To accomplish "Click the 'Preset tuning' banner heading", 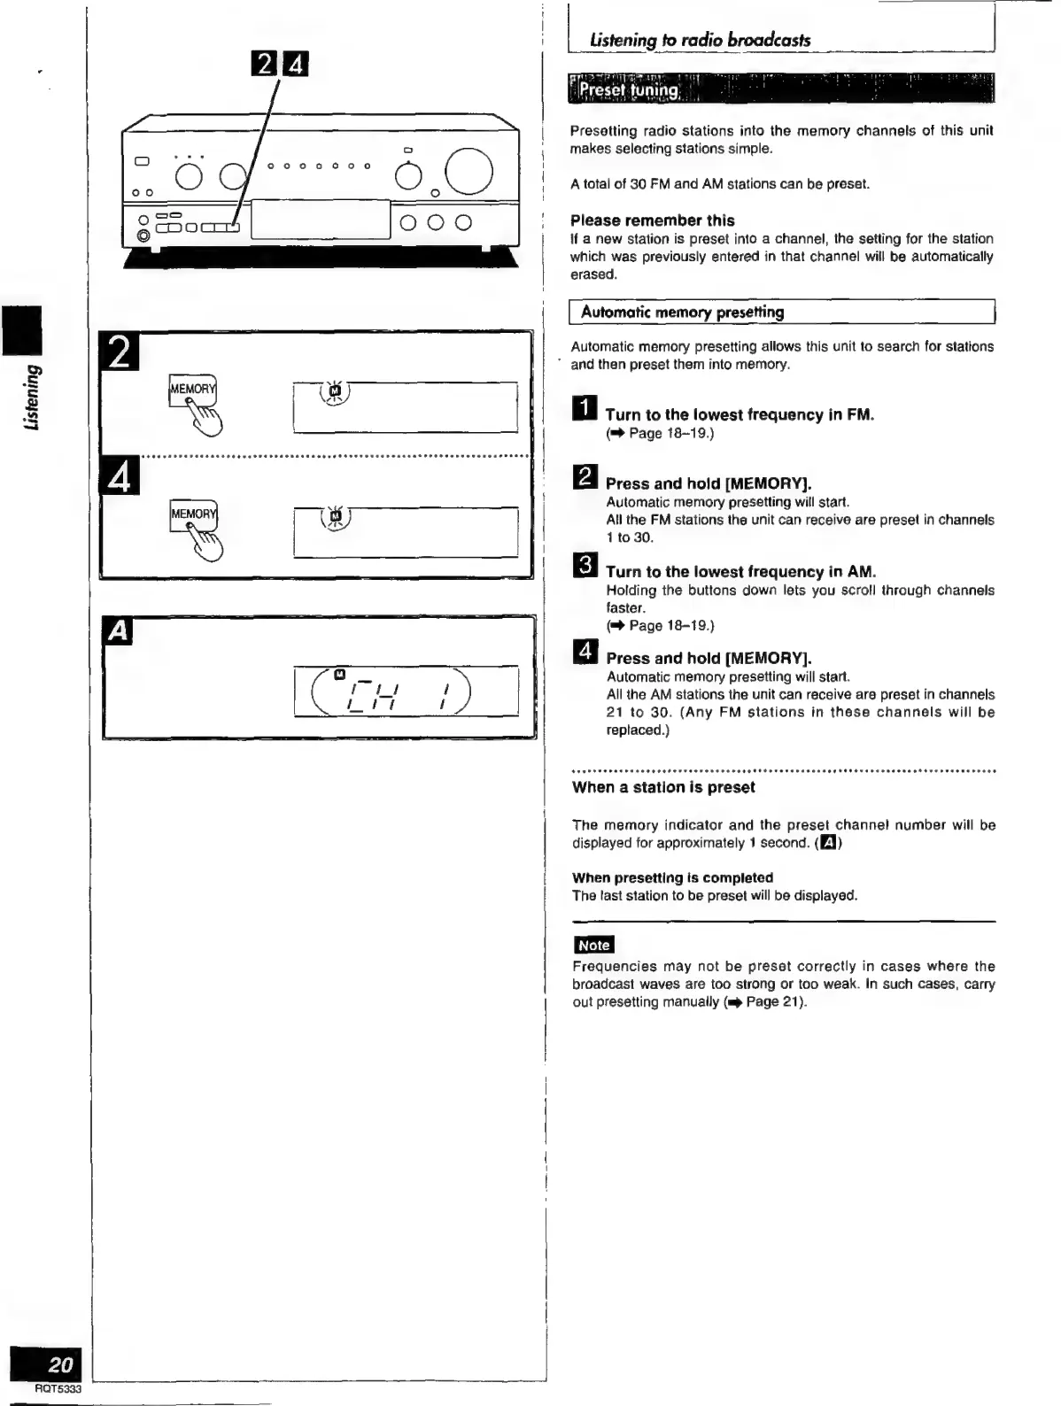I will (x=629, y=90).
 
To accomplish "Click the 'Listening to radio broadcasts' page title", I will (x=700, y=40).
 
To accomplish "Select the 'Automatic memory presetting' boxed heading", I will (x=682, y=313).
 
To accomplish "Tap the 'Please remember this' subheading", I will (x=653, y=220).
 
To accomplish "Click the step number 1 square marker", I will (x=585, y=411).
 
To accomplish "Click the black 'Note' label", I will (x=593, y=946).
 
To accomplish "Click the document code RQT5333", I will (x=58, y=1389).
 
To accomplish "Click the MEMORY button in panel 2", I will (x=192, y=390).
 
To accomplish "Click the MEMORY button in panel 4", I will (x=193, y=514).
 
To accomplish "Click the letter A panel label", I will (x=119, y=631).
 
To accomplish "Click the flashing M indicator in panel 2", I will (x=334, y=390).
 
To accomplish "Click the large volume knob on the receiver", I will (x=469, y=172).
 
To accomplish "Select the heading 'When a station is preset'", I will (x=663, y=788).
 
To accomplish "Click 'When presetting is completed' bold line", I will (x=672, y=877).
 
